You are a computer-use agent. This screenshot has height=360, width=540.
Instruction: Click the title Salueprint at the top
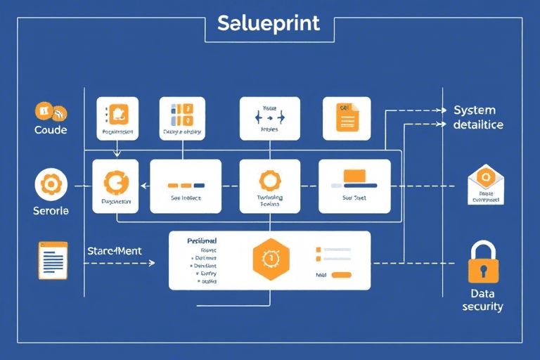coord(269,23)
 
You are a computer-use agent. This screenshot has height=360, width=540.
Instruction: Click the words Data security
coord(482,300)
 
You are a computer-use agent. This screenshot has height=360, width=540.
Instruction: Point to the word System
coord(474,110)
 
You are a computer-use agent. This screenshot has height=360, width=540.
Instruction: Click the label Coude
coord(51,130)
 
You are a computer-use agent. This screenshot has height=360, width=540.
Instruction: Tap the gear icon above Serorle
coord(50,184)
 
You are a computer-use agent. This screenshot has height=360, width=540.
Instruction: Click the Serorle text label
coord(51,211)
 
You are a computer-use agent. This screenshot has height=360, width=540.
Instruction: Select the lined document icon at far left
coord(53,260)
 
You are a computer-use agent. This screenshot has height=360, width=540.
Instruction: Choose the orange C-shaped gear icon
coord(116,183)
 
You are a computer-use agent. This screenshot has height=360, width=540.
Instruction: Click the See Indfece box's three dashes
coord(186,185)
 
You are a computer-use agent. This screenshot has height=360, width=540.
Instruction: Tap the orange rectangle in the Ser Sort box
coord(354,175)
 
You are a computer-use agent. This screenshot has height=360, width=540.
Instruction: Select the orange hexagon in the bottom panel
coord(270,258)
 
